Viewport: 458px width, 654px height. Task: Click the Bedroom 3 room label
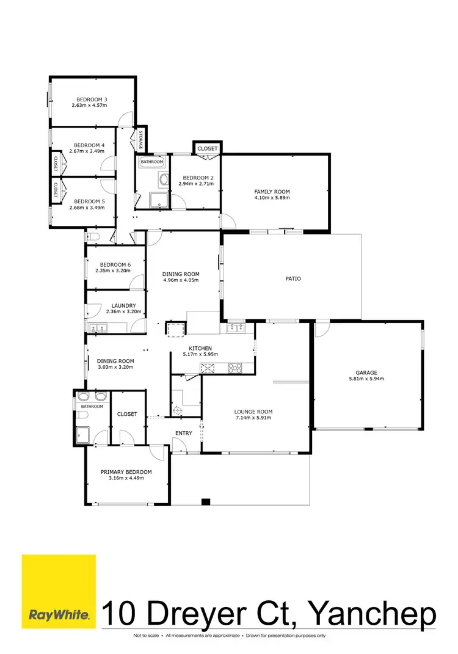pyautogui.click(x=92, y=100)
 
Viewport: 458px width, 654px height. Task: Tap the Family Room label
pyautogui.click(x=272, y=192)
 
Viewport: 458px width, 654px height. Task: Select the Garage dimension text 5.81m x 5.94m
pyautogui.click(x=366, y=379)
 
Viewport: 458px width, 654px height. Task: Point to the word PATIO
pyautogui.click(x=293, y=278)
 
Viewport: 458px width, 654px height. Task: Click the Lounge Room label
pyautogui.click(x=253, y=412)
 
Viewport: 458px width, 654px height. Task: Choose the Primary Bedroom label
pyautogui.click(x=126, y=472)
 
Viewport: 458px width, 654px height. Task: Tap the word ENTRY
pyautogui.click(x=184, y=433)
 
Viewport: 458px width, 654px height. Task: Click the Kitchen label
pyautogui.click(x=200, y=347)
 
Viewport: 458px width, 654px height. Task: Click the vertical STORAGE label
pyautogui.click(x=140, y=140)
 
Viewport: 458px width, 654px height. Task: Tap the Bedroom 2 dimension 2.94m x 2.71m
pyautogui.click(x=195, y=184)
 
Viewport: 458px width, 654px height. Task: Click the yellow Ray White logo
pyautogui.click(x=59, y=590)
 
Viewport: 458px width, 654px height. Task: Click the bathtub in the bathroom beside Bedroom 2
pyautogui.click(x=151, y=162)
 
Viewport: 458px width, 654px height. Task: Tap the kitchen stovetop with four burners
pyautogui.click(x=236, y=368)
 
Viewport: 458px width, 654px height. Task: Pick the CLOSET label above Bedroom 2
pyautogui.click(x=208, y=148)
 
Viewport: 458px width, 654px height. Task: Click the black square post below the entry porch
pyautogui.click(x=206, y=502)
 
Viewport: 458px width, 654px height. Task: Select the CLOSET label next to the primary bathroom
pyautogui.click(x=127, y=414)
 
